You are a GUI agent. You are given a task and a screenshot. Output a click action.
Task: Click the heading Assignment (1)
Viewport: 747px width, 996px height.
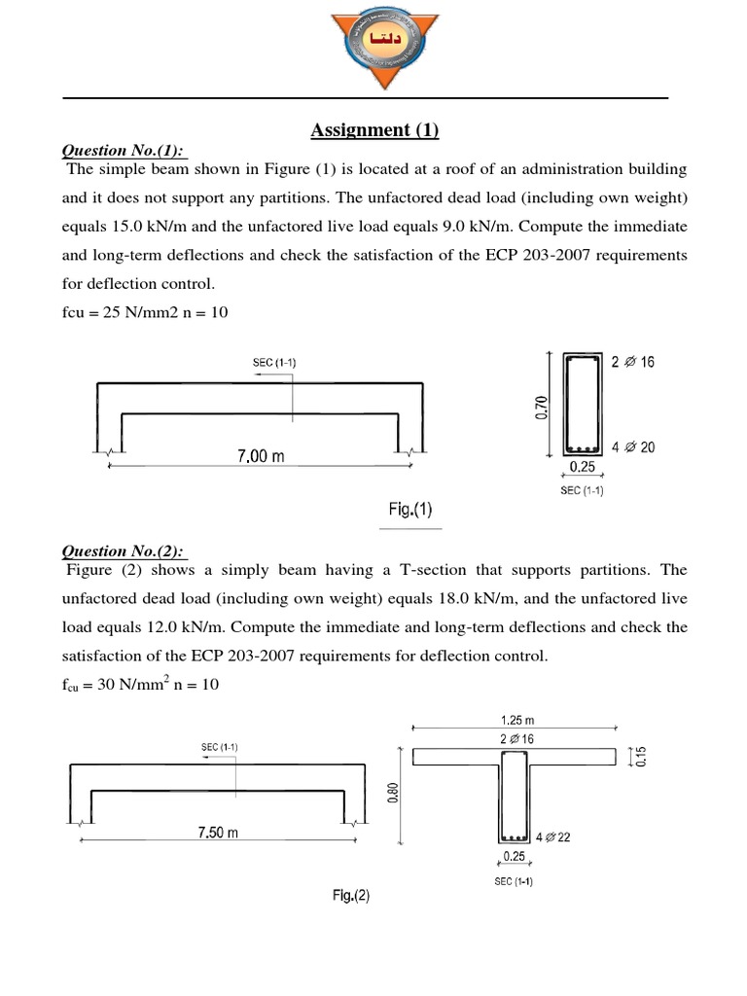(x=374, y=130)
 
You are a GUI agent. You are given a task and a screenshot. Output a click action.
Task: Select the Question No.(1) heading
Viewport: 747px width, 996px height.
(x=124, y=151)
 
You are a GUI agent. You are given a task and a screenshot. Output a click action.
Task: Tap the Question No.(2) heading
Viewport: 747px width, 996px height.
(x=124, y=551)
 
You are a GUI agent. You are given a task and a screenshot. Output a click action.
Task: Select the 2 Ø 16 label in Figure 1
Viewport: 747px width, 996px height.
(x=632, y=362)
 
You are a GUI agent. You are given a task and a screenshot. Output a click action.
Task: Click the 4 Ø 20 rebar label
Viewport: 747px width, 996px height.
(x=632, y=447)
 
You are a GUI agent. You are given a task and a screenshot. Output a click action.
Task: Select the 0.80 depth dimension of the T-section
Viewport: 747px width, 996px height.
(x=392, y=795)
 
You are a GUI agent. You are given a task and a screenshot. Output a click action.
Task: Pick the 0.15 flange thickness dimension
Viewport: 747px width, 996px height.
(x=640, y=756)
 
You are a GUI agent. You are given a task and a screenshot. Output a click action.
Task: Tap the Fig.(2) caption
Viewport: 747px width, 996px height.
(x=348, y=897)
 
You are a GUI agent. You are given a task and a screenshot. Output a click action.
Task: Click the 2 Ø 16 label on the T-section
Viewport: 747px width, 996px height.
(x=516, y=739)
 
